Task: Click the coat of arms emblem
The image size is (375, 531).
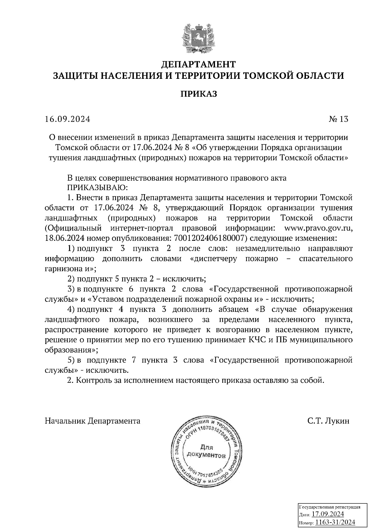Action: (198, 38)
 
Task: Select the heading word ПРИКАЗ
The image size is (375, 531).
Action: (198, 94)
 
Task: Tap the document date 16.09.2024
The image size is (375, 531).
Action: (67, 119)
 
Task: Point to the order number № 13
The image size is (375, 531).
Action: (338, 119)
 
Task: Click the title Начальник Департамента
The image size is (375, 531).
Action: (93, 421)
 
